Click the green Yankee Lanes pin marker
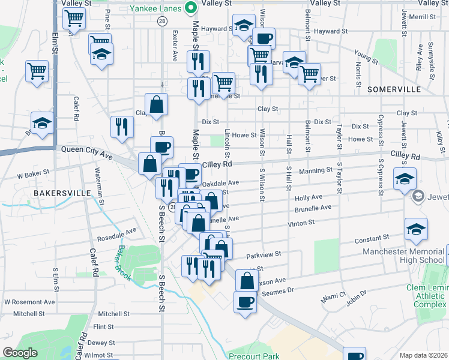(191, 8)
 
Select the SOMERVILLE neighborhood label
(394, 89)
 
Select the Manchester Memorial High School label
(390, 255)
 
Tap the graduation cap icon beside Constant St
(416, 229)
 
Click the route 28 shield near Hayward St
(163, 21)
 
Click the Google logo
(20, 353)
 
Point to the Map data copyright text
(423, 355)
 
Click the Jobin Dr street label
(355, 295)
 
